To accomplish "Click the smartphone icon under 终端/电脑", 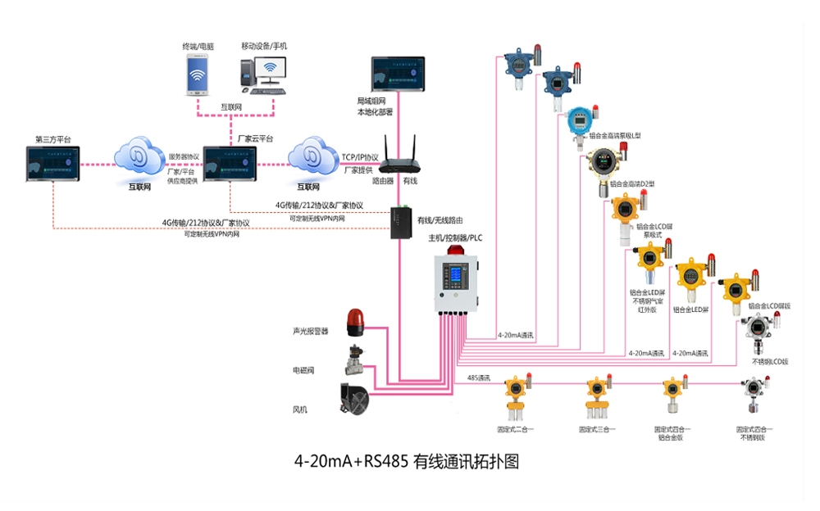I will [197, 76].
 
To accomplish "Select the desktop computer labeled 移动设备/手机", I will [264, 72].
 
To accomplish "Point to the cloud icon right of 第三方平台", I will [141, 156].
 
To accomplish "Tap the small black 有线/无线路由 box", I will [403, 220].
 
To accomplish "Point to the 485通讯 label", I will [479, 378].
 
